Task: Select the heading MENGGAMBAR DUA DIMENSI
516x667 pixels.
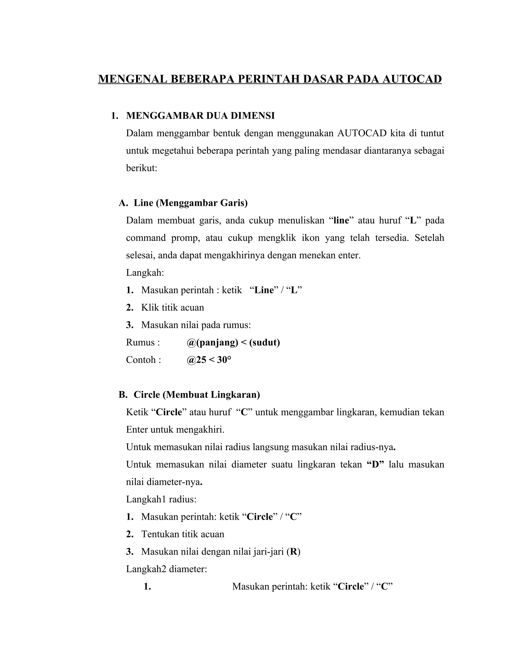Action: (200, 116)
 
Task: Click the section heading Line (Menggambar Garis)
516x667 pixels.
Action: (190, 203)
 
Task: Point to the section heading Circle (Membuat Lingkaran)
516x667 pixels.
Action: (197, 395)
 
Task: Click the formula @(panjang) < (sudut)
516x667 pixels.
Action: (233, 342)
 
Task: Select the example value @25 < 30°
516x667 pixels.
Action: (209, 360)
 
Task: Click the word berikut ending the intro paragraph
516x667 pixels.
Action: (141, 168)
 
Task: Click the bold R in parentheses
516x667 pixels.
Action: (294, 551)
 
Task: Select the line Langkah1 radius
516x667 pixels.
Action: (161, 499)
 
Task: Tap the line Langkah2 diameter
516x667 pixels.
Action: (167, 569)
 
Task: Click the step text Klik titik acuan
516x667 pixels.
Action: (172, 308)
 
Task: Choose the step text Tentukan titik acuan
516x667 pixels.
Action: (182, 534)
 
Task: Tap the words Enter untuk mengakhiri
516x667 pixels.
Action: (175, 430)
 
